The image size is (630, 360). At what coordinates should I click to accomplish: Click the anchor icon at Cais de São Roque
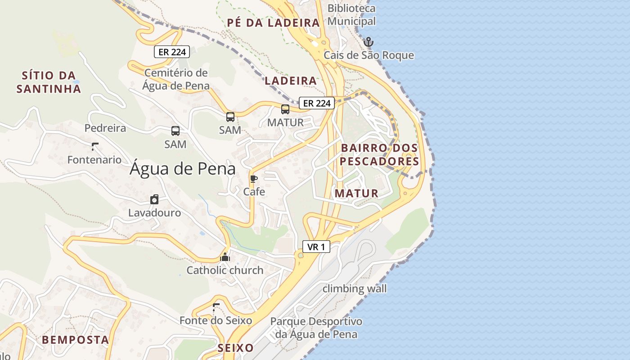(x=369, y=42)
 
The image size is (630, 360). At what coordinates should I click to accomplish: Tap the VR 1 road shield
(x=316, y=247)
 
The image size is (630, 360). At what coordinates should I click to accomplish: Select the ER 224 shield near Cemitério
(x=172, y=52)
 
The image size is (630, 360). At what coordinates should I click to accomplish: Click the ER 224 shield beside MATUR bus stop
(x=317, y=103)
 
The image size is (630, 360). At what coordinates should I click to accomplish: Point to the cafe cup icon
(x=254, y=179)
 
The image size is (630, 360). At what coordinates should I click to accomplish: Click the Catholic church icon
(x=225, y=257)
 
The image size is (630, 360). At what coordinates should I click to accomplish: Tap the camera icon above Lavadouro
(x=154, y=199)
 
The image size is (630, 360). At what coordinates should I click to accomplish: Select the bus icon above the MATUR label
(x=285, y=109)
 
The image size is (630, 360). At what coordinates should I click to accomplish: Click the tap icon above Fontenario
(x=94, y=146)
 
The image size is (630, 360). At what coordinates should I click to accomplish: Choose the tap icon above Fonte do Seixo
(x=216, y=307)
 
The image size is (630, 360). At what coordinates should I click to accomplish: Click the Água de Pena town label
(x=183, y=169)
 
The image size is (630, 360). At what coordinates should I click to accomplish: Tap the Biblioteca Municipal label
(x=351, y=14)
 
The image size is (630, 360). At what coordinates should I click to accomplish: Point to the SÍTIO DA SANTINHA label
(x=49, y=82)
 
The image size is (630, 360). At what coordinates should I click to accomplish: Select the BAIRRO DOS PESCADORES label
(x=379, y=154)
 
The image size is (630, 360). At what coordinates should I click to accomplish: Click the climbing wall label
(x=355, y=288)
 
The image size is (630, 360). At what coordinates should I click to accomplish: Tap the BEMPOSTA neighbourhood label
(x=76, y=340)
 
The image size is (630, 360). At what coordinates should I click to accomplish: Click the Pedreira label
(x=105, y=128)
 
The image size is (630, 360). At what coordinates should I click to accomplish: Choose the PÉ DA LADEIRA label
(x=273, y=23)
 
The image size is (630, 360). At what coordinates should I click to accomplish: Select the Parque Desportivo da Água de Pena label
(x=316, y=328)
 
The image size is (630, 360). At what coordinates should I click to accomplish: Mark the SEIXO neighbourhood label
(x=235, y=348)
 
